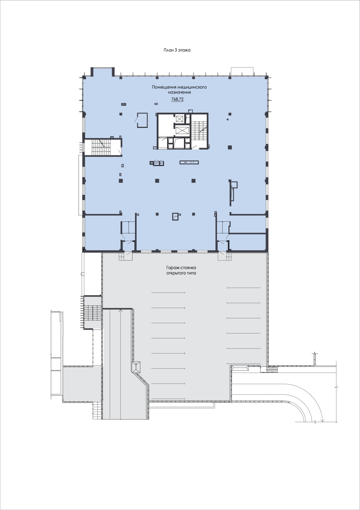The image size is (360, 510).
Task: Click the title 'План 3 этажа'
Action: (x=177, y=50)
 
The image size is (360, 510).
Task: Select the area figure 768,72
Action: (x=177, y=99)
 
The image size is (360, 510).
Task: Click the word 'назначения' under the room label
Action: (x=179, y=92)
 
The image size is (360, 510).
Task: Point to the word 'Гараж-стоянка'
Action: (x=181, y=268)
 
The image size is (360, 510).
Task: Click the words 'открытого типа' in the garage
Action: (x=181, y=273)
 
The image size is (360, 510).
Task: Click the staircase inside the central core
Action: (x=199, y=130)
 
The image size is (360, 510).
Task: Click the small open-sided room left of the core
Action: (x=142, y=120)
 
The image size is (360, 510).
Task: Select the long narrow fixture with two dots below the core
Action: (x=189, y=162)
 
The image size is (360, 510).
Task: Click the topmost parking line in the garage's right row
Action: (x=243, y=288)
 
